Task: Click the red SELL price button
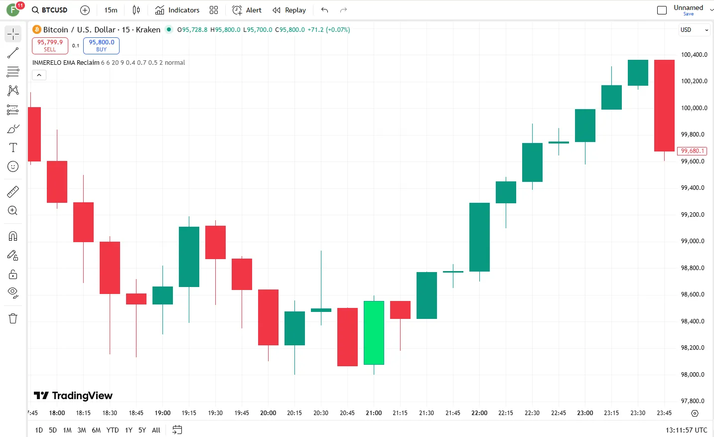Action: [x=50, y=45]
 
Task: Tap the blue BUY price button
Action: [x=101, y=45]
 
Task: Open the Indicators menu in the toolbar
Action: [x=177, y=10]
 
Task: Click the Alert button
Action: [x=247, y=10]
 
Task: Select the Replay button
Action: [x=289, y=10]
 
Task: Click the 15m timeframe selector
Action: [x=111, y=10]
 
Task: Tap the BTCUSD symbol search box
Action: [x=50, y=10]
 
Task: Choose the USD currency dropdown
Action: [x=694, y=30]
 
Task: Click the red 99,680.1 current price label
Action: [x=692, y=151]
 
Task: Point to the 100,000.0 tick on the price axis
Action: [x=694, y=108]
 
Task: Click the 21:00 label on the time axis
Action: [x=374, y=413]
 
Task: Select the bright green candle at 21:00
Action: [x=374, y=333]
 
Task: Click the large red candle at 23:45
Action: [x=664, y=105]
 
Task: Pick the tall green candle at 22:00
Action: [x=479, y=237]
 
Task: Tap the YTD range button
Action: [x=113, y=430]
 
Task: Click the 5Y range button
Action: [x=142, y=430]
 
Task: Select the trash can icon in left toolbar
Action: [x=13, y=318]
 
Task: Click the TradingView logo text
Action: [x=73, y=396]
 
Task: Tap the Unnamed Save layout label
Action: [x=688, y=9]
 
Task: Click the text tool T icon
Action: [x=13, y=147]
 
